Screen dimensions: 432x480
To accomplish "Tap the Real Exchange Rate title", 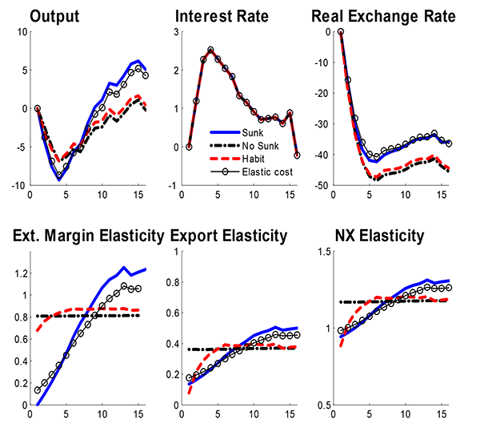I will [383, 17].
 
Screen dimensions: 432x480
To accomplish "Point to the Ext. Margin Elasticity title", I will [86, 236].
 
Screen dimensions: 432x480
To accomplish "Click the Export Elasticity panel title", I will [229, 236].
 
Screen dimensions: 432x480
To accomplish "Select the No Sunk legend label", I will [263, 143].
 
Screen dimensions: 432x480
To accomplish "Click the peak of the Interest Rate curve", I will [210, 50].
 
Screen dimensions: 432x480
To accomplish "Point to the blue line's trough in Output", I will [59, 180].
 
